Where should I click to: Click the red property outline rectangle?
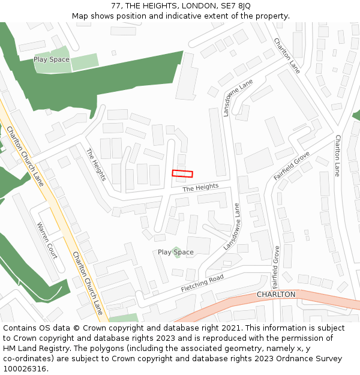click(182, 173)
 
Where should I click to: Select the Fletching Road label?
click(202, 283)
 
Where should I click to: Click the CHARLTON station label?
click(276, 295)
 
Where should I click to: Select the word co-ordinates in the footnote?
click(27, 359)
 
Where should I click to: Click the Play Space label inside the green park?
click(51, 59)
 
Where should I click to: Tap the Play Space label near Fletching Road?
click(176, 252)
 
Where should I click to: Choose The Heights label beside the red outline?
click(200, 188)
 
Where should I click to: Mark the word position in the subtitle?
click(123, 16)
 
